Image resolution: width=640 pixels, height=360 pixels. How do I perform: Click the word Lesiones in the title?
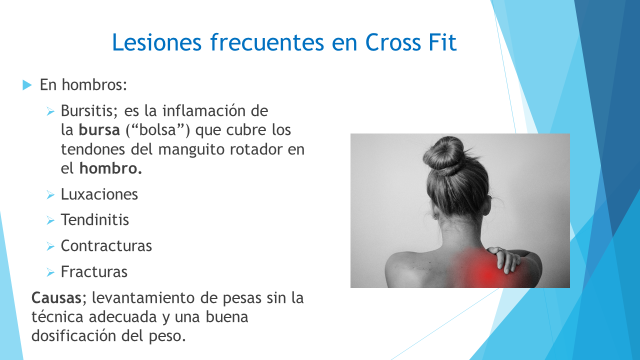click(157, 42)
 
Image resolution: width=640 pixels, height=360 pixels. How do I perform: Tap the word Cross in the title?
click(393, 42)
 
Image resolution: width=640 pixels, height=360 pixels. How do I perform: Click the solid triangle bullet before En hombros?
click(27, 85)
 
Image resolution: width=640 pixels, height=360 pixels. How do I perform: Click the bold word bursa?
click(99, 130)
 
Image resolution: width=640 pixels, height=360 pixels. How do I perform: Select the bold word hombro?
click(110, 168)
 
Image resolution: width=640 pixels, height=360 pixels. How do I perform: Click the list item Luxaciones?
click(99, 194)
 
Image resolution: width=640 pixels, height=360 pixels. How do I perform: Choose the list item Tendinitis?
click(95, 220)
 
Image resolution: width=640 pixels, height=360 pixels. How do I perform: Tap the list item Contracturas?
click(106, 246)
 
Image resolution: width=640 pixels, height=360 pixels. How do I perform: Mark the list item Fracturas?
click(94, 271)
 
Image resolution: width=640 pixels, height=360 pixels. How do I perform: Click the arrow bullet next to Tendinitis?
click(50, 220)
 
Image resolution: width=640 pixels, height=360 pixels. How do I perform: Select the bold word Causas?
click(56, 298)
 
